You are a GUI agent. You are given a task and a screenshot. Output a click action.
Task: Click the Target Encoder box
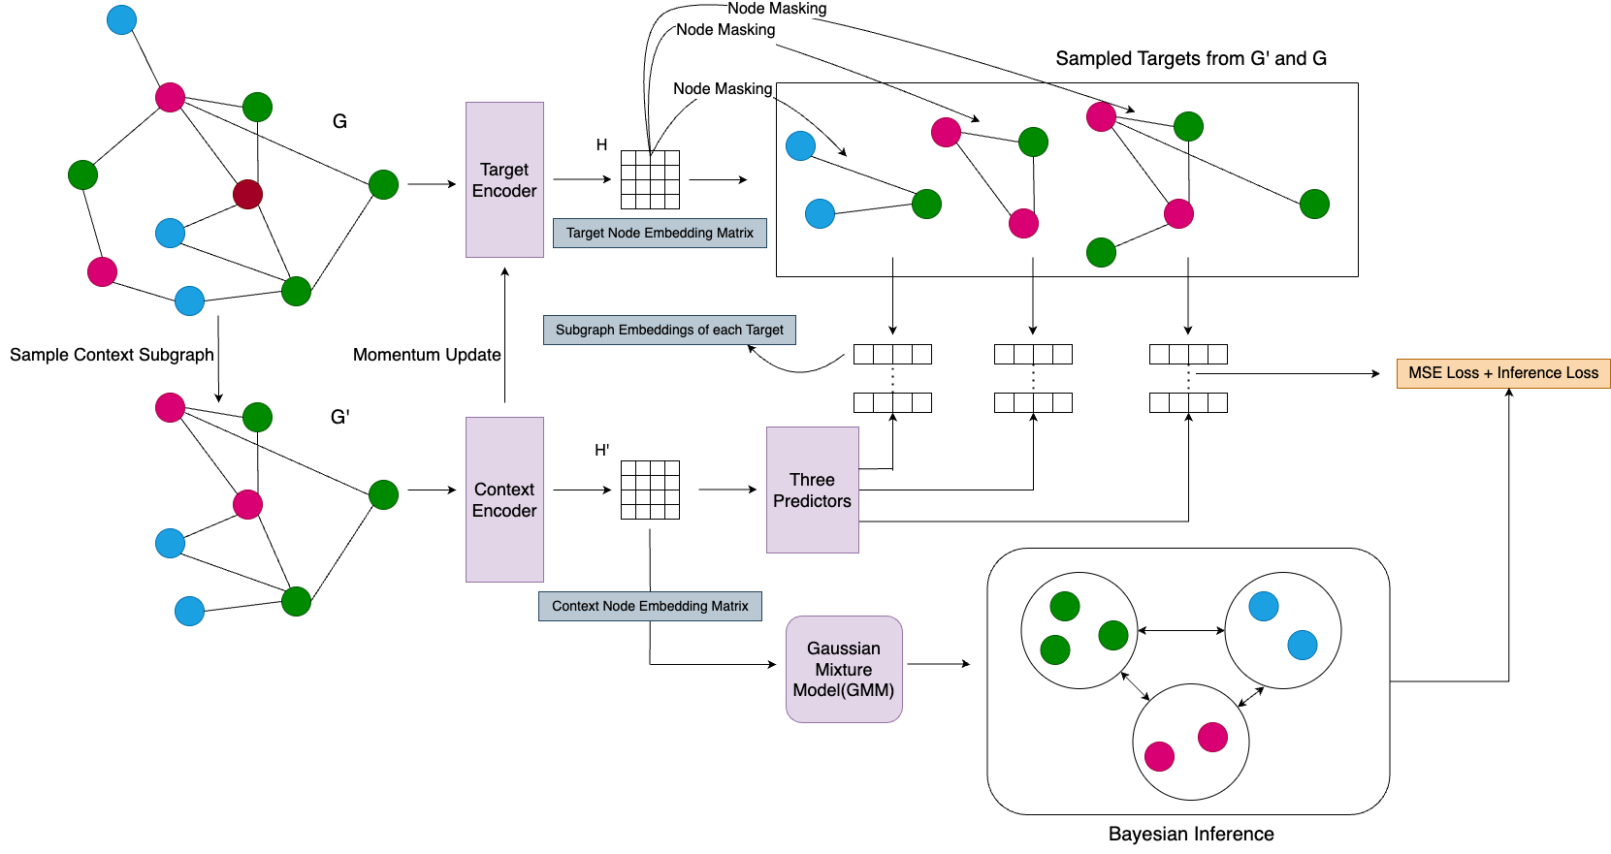(x=504, y=179)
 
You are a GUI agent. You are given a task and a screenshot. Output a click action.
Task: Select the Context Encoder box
(x=504, y=499)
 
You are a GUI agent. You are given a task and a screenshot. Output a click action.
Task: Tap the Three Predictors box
(x=812, y=490)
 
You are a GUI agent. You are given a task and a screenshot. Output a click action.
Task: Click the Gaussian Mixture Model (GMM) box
(x=844, y=669)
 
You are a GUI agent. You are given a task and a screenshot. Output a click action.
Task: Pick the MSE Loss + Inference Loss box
(x=1502, y=373)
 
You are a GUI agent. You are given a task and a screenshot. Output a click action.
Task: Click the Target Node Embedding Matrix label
(x=660, y=233)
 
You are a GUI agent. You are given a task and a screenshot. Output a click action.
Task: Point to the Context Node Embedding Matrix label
(x=650, y=606)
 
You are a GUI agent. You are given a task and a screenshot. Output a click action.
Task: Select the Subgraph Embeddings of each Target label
(x=669, y=330)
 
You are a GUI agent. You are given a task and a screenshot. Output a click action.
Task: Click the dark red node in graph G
(x=247, y=194)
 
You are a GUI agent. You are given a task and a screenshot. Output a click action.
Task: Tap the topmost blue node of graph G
(x=121, y=19)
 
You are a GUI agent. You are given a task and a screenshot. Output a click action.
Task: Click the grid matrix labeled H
(x=650, y=179)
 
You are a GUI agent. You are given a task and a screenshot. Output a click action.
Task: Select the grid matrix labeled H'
(x=650, y=490)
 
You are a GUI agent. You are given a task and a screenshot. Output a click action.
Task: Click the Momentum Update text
(x=427, y=355)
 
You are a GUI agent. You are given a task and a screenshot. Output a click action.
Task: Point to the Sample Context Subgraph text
(x=112, y=355)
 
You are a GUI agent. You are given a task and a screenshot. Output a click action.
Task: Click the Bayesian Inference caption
(x=1191, y=834)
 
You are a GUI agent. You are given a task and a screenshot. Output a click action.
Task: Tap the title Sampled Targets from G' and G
(x=1191, y=58)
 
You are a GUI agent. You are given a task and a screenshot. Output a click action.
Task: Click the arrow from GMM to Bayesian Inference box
(x=938, y=664)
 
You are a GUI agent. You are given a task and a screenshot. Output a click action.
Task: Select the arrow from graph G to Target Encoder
(x=432, y=183)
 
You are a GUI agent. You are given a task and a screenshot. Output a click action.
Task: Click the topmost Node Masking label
(x=777, y=9)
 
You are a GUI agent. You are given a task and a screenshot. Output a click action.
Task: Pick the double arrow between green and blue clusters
(x=1180, y=630)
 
